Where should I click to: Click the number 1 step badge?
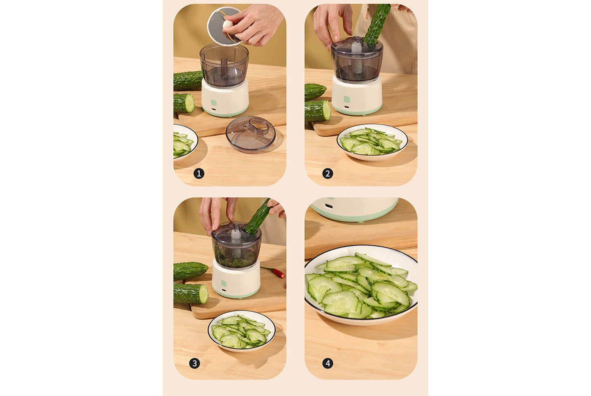[199, 174]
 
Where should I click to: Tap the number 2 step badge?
[328, 174]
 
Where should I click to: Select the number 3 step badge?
[195, 363]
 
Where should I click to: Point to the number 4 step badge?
[328, 363]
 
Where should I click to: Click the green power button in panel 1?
[213, 103]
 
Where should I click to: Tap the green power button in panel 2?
[347, 99]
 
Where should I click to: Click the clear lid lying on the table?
[250, 134]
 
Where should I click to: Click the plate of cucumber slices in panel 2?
[372, 142]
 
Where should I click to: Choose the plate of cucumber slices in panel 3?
[241, 331]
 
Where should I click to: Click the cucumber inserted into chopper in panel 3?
[258, 217]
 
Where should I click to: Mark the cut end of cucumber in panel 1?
[190, 103]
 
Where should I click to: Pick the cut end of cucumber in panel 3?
[203, 294]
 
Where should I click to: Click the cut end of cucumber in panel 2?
[326, 111]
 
